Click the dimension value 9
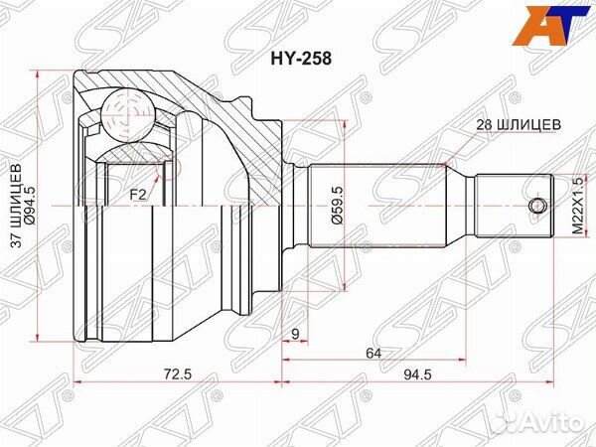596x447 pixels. (x=296, y=335)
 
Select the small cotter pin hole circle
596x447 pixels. (x=538, y=206)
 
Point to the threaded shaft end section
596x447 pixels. (x=517, y=206)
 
